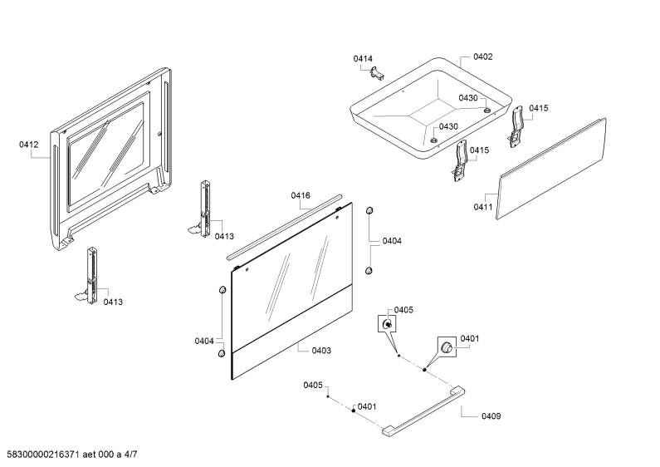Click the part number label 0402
pyautogui.click(x=483, y=57)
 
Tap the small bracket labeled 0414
pyautogui.click(x=377, y=73)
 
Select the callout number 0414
pyautogui.click(x=363, y=59)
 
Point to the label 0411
pyautogui.click(x=483, y=207)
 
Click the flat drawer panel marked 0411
pyautogui.click(x=551, y=169)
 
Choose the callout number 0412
pyautogui.click(x=28, y=145)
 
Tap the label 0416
pyautogui.click(x=301, y=195)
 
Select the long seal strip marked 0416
pyautogui.click(x=285, y=227)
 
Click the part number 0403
pyautogui.click(x=321, y=351)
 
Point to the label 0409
pyautogui.click(x=491, y=416)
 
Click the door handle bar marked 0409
pyautogui.click(x=423, y=411)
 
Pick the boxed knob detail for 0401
pyautogui.click(x=447, y=347)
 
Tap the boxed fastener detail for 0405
pyautogui.click(x=387, y=324)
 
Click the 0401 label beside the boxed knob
pyautogui.click(x=470, y=338)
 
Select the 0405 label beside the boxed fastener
pyautogui.click(x=403, y=310)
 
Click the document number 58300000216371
pyautogui.click(x=41, y=455)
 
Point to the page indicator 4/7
pyautogui.click(x=130, y=455)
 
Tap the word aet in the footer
pyautogui.click(x=89, y=455)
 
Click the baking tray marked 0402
pyautogui.click(x=431, y=108)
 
